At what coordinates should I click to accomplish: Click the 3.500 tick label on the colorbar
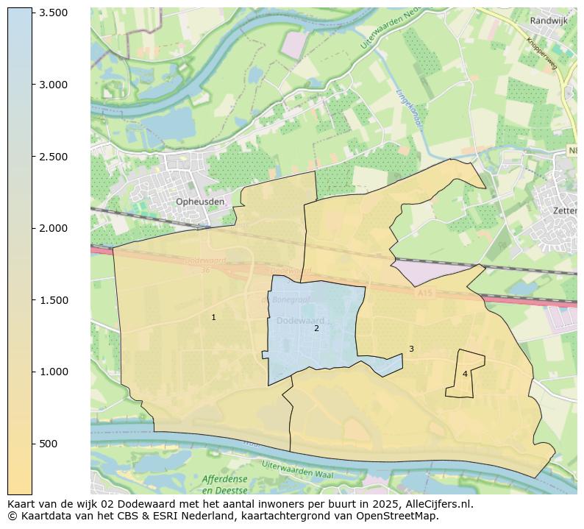(53, 13)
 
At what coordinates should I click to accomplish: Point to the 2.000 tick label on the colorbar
(53, 228)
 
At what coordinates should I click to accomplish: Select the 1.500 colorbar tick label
(53, 300)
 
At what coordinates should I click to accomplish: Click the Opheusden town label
(200, 202)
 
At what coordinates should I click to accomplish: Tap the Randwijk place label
(549, 21)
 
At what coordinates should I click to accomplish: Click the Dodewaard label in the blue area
(301, 321)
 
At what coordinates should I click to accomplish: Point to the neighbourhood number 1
(214, 317)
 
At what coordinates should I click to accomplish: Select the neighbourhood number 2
(316, 328)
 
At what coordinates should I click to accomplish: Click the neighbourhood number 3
(411, 349)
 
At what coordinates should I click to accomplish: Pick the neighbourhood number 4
(465, 374)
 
